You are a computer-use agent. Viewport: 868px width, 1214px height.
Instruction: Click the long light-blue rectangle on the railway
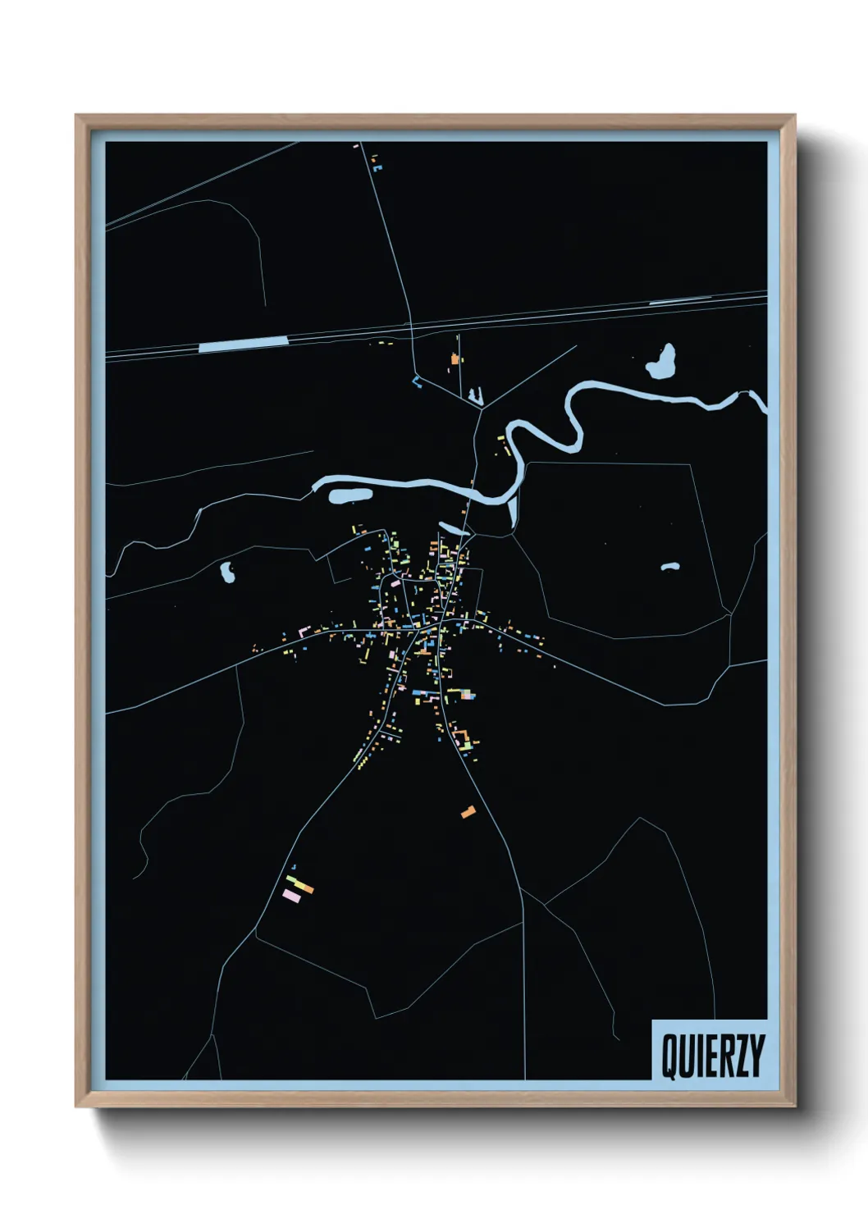243,345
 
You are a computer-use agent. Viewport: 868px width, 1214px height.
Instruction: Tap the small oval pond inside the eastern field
670,566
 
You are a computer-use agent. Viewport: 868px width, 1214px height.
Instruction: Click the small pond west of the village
227,572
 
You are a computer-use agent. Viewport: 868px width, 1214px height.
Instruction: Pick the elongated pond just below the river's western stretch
351,495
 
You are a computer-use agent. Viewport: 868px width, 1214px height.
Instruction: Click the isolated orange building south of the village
468,812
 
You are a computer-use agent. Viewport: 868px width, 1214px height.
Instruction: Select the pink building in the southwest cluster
291,895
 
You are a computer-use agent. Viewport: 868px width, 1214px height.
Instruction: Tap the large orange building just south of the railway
454,358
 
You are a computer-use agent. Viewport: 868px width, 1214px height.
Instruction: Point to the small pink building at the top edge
356,146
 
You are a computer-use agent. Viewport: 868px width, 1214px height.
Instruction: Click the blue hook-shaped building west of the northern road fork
417,381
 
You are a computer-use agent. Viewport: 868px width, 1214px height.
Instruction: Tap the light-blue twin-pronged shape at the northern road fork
475,397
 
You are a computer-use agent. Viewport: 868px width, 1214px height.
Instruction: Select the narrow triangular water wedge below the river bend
514,510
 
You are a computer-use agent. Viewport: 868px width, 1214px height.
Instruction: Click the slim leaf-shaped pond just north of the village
454,527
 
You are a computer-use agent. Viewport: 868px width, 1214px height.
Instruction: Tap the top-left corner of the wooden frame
78,116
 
